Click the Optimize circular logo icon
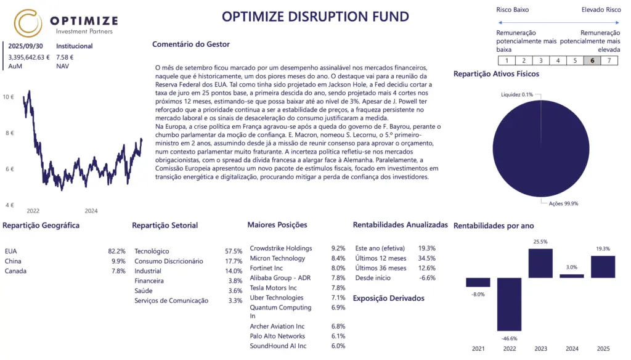tap(28, 23)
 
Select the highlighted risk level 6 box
tap(592, 60)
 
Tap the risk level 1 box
tap(506, 60)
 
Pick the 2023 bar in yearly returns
tap(540, 263)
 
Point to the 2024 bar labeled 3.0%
tap(572, 276)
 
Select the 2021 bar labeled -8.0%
tap(478, 282)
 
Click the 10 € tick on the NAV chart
tap(9, 97)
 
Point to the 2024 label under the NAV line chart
tap(91, 211)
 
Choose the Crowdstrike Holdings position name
tap(280, 248)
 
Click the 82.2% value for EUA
tap(116, 252)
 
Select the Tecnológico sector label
tap(152, 252)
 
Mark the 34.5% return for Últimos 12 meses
tap(426, 258)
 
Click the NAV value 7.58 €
tap(65, 57)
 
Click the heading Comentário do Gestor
tap(190, 44)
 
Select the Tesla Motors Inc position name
tap(273, 288)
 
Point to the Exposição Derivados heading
tap(388, 298)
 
